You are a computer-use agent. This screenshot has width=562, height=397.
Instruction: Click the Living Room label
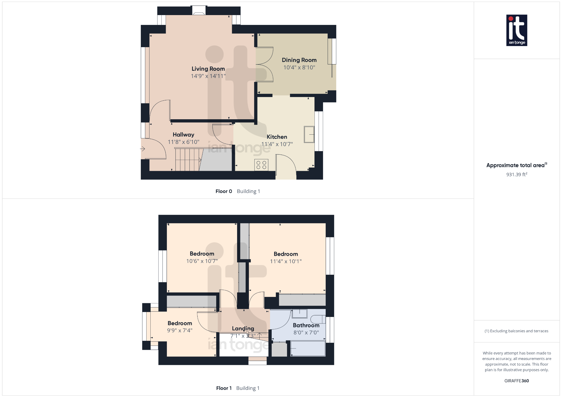pos(208,69)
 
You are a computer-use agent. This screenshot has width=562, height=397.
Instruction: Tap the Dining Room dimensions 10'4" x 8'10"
pos(299,67)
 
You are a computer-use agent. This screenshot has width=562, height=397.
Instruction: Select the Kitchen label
pos(277,137)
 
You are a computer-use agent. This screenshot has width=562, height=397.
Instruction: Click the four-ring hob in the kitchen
pos(261,165)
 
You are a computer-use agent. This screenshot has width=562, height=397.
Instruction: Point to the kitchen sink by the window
pos(309,134)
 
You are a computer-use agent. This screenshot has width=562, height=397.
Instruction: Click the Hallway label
pos(183,135)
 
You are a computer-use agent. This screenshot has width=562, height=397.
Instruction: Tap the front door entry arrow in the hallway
pos(143,149)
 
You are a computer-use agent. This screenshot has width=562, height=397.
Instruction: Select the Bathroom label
pos(306,325)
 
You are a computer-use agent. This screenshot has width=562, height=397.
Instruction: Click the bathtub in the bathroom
pos(308,348)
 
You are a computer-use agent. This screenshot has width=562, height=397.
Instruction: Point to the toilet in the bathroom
pos(318,319)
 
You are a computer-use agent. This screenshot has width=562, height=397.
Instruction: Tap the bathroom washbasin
pos(299,313)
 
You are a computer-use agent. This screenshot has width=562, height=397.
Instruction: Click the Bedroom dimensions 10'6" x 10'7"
pos(202,261)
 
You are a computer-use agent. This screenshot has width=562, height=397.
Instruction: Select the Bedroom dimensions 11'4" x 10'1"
pos(286,262)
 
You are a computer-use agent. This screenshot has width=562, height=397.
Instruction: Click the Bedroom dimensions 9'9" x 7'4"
pos(180,331)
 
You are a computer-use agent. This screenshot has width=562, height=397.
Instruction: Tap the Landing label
pos(243,328)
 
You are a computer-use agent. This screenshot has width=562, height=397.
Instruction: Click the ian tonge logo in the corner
pos(516,30)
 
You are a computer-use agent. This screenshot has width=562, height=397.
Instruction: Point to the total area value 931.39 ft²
pos(516,175)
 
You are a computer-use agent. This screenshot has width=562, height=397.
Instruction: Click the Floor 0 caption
pos(224,191)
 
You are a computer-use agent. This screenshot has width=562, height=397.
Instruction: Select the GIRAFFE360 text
pos(516,381)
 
